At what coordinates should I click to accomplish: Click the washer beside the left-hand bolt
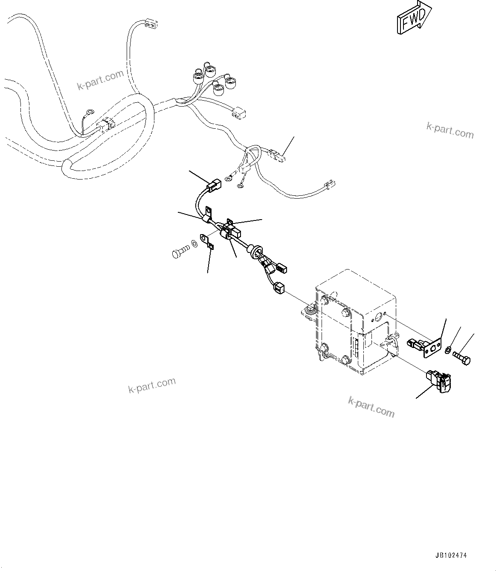194,243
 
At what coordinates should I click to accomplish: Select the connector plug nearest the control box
278,288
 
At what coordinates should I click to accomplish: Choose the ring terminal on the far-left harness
89,113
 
